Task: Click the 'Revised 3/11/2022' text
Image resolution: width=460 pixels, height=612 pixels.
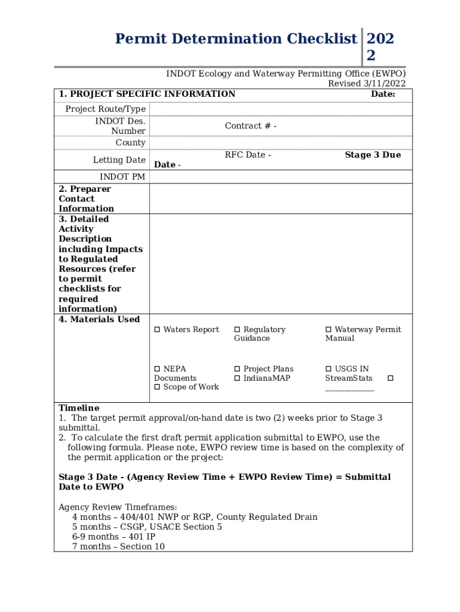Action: pos(366,84)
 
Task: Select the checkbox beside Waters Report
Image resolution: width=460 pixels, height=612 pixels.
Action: pos(158,330)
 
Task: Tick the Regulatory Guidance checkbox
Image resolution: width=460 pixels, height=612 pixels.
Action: pos(237,330)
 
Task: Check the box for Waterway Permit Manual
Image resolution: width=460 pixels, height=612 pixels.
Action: pos(329,330)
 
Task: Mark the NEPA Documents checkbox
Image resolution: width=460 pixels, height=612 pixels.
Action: pos(158,369)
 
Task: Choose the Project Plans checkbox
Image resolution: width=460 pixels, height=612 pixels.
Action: pos(237,369)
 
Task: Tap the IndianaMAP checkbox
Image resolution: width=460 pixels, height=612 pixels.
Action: pos(237,378)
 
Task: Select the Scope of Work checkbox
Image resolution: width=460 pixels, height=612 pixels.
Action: pos(158,387)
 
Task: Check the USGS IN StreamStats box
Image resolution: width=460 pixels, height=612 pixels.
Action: pos(329,369)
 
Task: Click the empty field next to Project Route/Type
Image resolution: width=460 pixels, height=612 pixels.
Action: pos(280,109)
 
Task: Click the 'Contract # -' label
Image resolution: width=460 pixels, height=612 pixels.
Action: pos(250,126)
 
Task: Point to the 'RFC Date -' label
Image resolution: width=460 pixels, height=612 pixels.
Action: pos(247,155)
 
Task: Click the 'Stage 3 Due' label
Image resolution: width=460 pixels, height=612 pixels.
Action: pos(373,155)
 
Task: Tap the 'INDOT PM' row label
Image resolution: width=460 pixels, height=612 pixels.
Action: pos(122,177)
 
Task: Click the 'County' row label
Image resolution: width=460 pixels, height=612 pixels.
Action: pos(130,143)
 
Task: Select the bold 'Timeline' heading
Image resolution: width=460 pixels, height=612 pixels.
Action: pos(79,408)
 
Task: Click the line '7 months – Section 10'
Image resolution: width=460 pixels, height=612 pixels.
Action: pos(118,547)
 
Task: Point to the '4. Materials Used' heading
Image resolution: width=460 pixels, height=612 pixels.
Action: pos(99,320)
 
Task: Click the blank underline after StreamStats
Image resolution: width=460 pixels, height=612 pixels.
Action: pos(349,388)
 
